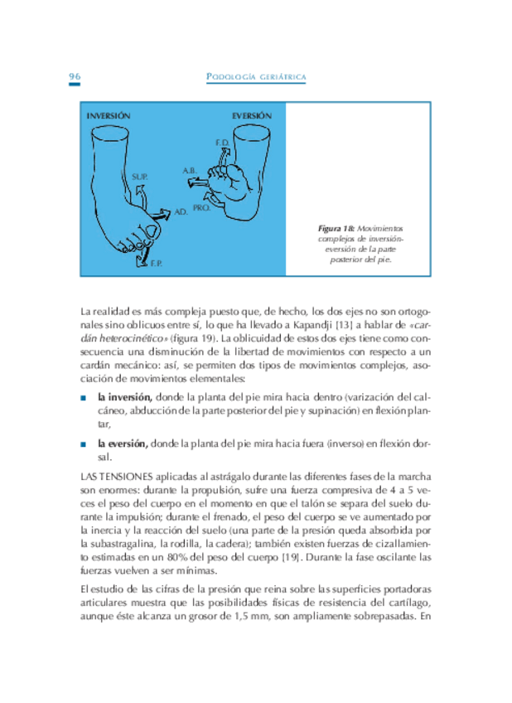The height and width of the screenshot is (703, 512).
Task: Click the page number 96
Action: coord(75,77)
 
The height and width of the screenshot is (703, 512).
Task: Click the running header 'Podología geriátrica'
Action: coord(256,78)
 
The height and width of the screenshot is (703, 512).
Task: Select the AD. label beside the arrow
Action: coord(180,212)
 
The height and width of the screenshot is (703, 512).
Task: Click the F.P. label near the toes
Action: coord(156,264)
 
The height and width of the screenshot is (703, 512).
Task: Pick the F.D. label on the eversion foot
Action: coord(221,143)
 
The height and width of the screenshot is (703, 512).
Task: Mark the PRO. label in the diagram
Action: coord(201,208)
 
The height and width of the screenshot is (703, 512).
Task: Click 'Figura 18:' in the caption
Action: coord(336,227)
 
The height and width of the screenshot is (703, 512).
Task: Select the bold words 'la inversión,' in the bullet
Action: coord(124,396)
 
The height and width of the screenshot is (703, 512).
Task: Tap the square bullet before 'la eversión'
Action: coord(84,444)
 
